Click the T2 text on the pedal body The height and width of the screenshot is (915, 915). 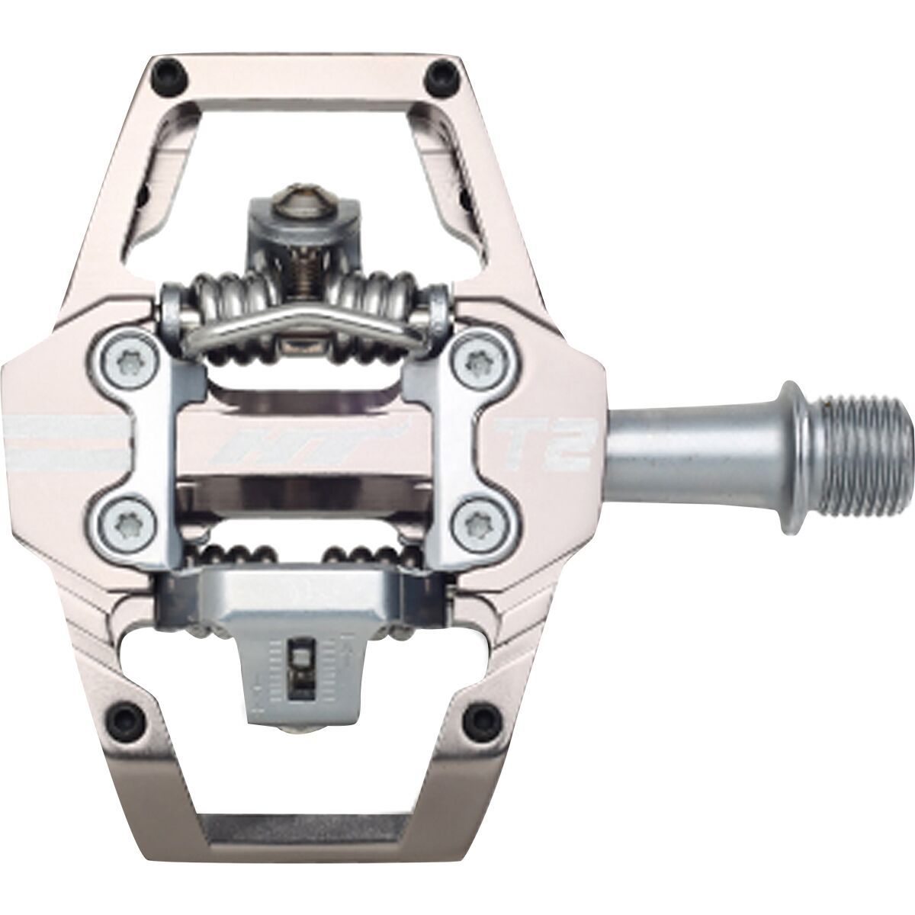click(545, 445)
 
